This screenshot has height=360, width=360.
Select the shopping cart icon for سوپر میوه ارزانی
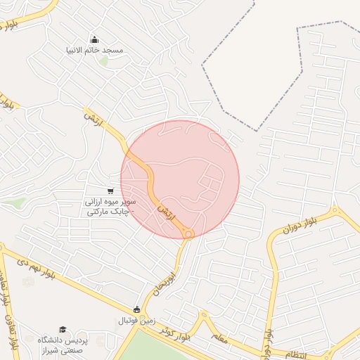pyautogui.click(x=110, y=190)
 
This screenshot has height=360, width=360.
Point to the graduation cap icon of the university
pyautogui.click(x=63, y=329)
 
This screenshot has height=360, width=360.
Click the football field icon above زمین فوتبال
pyautogui.click(x=137, y=310)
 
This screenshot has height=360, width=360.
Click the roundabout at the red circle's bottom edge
pyautogui.click(x=188, y=233)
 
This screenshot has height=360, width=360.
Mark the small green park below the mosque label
pyautogui.click(x=104, y=62)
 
